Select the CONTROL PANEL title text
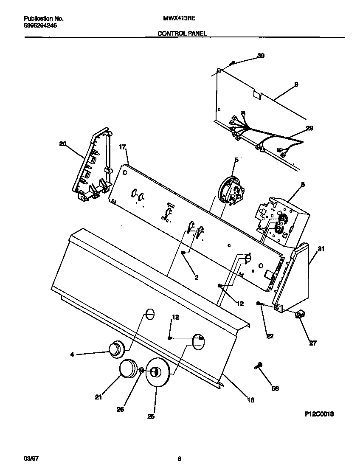click(182, 33)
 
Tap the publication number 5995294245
click(40, 25)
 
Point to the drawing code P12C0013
click(319, 414)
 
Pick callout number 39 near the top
click(261, 56)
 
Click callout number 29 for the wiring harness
click(309, 128)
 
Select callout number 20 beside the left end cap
click(63, 144)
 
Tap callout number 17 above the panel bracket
click(123, 147)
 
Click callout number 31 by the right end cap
click(321, 249)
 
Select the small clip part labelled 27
click(301, 314)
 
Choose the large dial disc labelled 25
click(157, 372)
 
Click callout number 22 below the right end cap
click(270, 336)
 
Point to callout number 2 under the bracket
click(196, 278)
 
